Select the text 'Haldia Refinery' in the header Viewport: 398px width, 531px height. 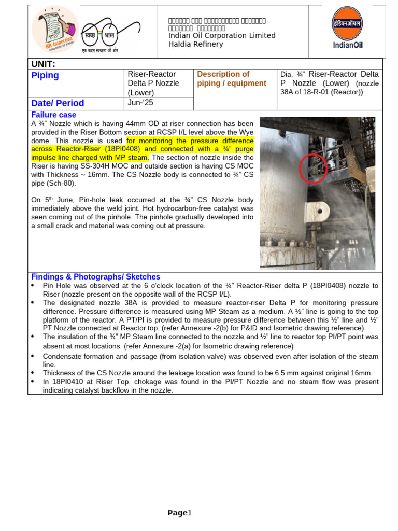coord(195,44)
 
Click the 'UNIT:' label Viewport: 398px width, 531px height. coord(43,64)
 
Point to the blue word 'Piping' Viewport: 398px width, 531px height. coord(45,76)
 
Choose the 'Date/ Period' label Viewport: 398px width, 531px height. coord(58,103)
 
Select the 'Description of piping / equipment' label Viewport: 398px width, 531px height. coord(232,78)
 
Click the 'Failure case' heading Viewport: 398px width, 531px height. coord(53,115)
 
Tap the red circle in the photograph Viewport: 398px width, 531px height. coord(313,169)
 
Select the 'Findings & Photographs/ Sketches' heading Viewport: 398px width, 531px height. coord(95,277)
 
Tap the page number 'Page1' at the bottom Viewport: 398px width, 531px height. coord(179,513)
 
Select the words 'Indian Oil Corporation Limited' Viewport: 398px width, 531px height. coord(222,36)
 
